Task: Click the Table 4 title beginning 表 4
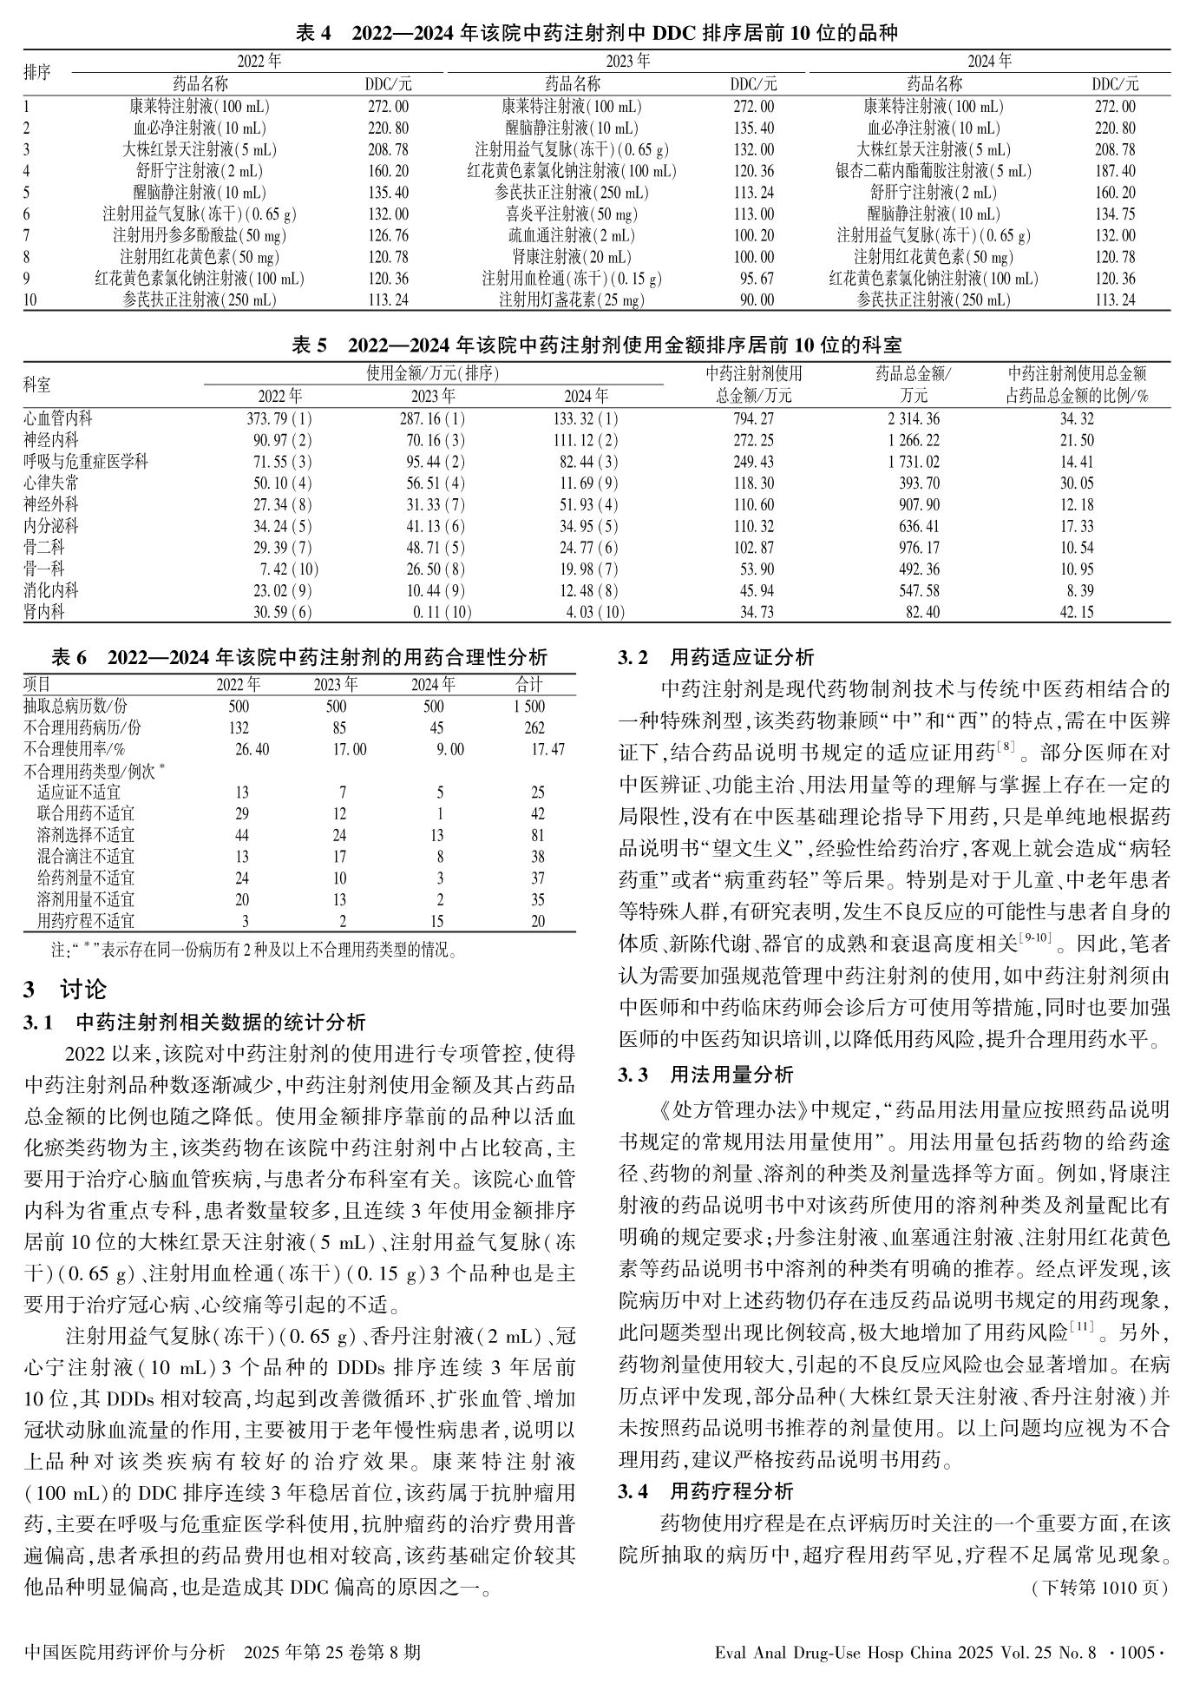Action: [596, 34]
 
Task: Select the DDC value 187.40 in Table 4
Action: [1114, 171]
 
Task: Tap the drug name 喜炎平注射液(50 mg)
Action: [571, 214]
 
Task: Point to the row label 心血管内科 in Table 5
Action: [58, 418]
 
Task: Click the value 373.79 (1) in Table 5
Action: [279, 418]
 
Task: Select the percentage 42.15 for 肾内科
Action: [1076, 612]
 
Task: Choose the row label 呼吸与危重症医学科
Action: [86, 462]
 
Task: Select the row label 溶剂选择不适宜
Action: [86, 835]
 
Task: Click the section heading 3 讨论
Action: [65, 988]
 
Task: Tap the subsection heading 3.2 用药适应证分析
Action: [716, 657]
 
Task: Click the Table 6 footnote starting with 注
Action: [253, 949]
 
